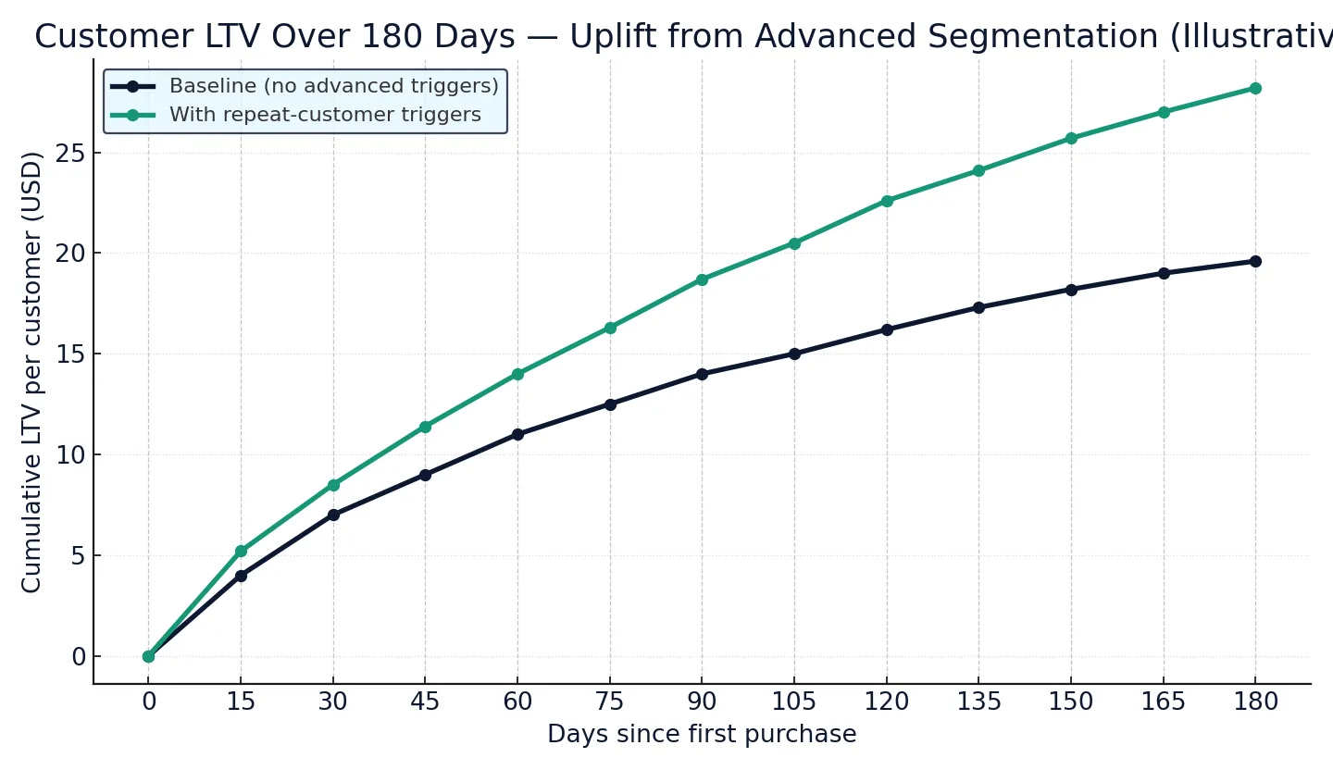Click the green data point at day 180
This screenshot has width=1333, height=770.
click(x=1255, y=88)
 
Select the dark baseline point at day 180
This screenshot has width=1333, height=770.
click(x=1255, y=261)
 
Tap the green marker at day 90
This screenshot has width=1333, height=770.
click(x=702, y=279)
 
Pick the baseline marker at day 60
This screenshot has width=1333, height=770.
click(x=517, y=434)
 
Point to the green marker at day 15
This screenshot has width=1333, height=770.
click(x=241, y=552)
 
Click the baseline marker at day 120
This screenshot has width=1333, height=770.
click(x=887, y=329)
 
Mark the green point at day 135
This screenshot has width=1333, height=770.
click(x=978, y=170)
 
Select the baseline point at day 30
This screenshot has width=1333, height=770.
click(x=333, y=515)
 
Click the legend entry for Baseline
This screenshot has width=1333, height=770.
click(x=333, y=86)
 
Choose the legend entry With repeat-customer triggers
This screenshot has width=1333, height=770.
click(x=324, y=115)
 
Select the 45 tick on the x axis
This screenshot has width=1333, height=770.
click(x=425, y=702)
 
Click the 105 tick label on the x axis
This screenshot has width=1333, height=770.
click(x=794, y=702)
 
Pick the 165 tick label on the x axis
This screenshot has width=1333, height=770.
click(x=1163, y=702)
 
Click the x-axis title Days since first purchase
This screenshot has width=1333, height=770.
click(x=702, y=735)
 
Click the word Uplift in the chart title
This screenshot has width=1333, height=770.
click(x=610, y=37)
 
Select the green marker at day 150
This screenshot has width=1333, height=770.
click(x=1071, y=138)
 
